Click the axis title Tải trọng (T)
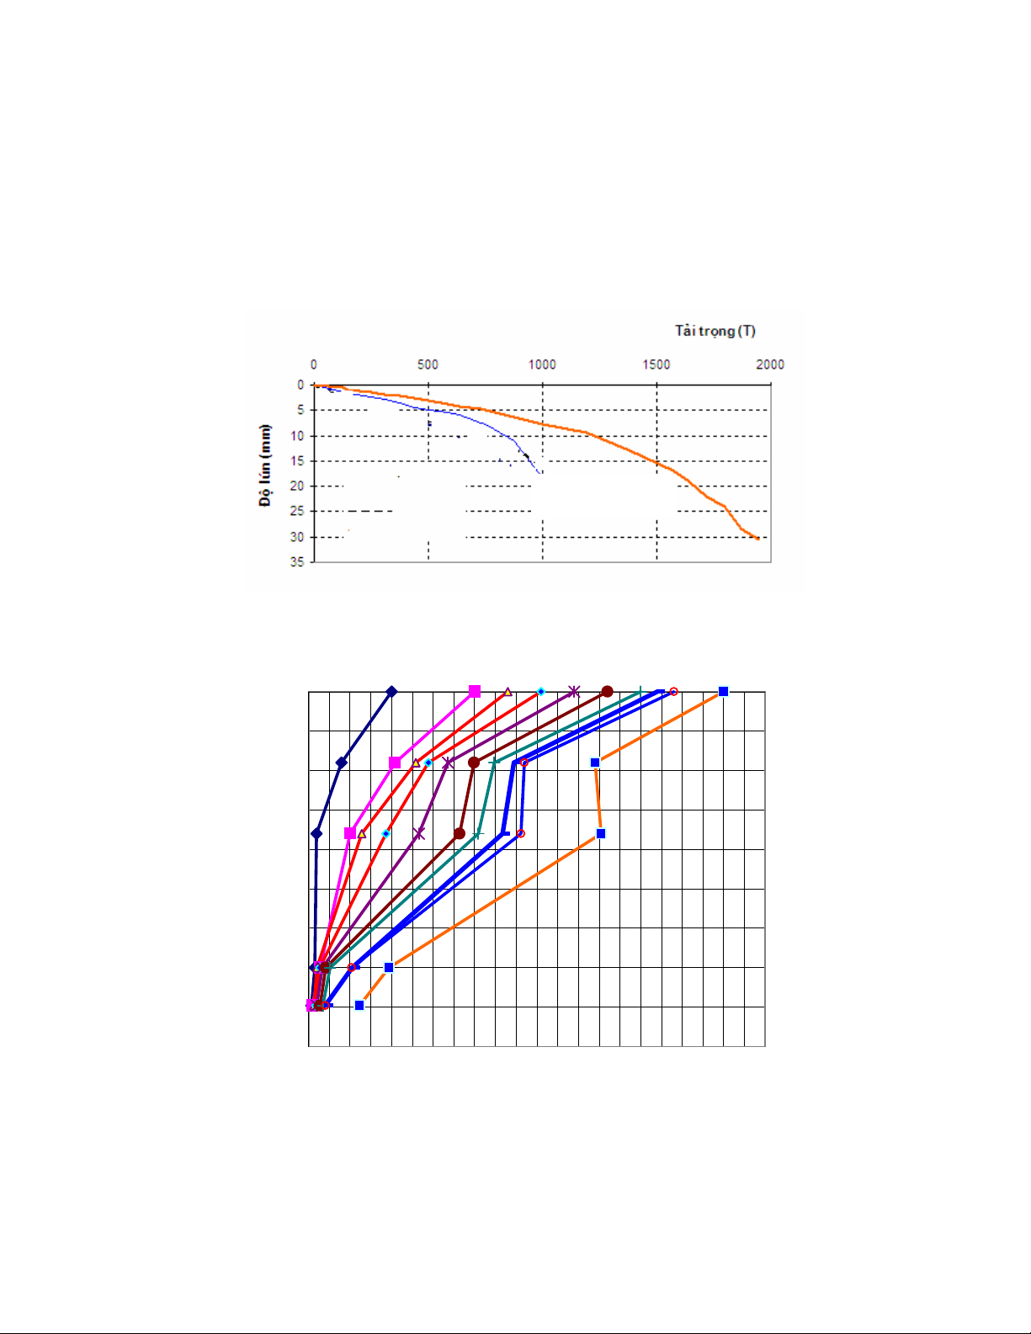715,331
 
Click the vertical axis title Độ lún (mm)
266,465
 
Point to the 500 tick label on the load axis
428,364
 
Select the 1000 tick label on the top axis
542,364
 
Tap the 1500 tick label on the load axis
656,364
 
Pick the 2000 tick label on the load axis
770,364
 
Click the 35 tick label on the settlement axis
297,561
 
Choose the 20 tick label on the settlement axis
297,486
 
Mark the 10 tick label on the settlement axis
297,435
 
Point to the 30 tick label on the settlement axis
297,536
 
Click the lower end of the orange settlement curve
758,539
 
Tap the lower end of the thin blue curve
540,473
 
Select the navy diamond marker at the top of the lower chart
391,692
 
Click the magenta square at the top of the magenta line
475,692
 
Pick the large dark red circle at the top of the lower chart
607,692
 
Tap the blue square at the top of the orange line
723,692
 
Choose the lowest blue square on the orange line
359,1005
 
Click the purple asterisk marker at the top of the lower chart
574,692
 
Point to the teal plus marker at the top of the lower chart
640,692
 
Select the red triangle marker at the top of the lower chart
508,692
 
